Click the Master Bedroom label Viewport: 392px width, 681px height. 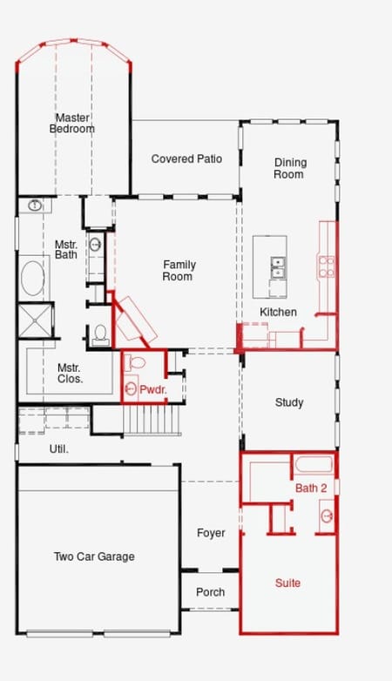click(x=72, y=123)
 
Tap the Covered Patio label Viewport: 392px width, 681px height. click(x=186, y=159)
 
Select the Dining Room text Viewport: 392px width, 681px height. click(x=290, y=168)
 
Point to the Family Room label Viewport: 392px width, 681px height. click(x=179, y=270)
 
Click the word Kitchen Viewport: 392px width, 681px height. click(x=278, y=312)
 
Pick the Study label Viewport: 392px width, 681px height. click(x=289, y=402)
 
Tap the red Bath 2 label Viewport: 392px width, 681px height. click(x=311, y=489)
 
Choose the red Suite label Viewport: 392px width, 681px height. click(x=287, y=583)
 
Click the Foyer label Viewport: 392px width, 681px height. click(x=211, y=533)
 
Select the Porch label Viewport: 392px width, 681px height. click(x=210, y=592)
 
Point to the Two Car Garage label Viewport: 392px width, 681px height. click(x=94, y=556)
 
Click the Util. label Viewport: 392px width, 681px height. click(x=58, y=449)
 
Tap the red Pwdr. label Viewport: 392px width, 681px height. click(x=153, y=389)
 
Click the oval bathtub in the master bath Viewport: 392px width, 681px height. click(x=33, y=279)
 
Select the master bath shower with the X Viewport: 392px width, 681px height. click(x=35, y=320)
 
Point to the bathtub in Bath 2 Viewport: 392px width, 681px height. click(x=314, y=464)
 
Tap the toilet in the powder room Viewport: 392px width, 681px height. click(x=135, y=362)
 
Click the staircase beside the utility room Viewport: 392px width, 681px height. click(x=152, y=420)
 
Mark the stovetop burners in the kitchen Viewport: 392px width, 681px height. click(x=327, y=266)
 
